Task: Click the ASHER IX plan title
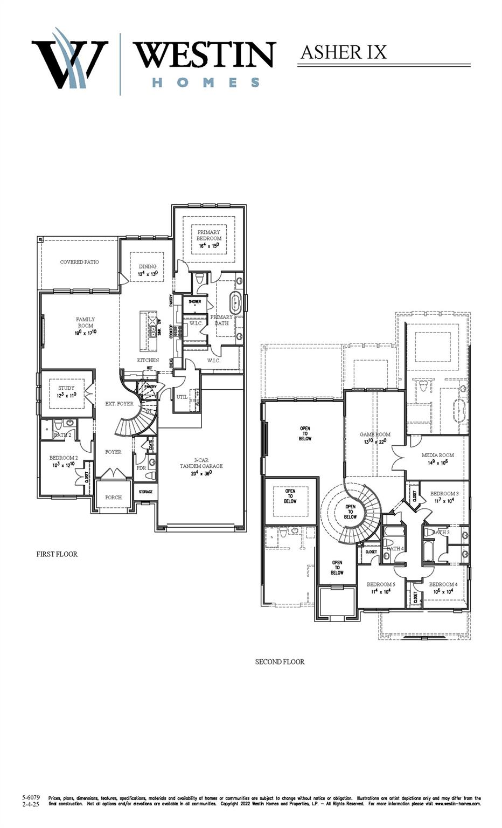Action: coord(343,52)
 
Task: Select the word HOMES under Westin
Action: coord(206,82)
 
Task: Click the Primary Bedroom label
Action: coord(208,235)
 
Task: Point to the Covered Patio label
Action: coord(79,262)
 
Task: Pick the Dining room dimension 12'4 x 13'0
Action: coord(148,274)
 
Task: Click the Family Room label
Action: coord(85,322)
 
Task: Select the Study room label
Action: coord(66,388)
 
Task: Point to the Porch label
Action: coord(113,497)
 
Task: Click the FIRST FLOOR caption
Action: coord(57,554)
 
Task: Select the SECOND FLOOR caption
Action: coord(280,661)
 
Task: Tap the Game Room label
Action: coord(375,434)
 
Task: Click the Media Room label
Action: coord(437,455)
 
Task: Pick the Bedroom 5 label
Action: coord(381,584)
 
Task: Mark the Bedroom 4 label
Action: coord(443,584)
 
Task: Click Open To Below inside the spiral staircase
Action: coord(350,512)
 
